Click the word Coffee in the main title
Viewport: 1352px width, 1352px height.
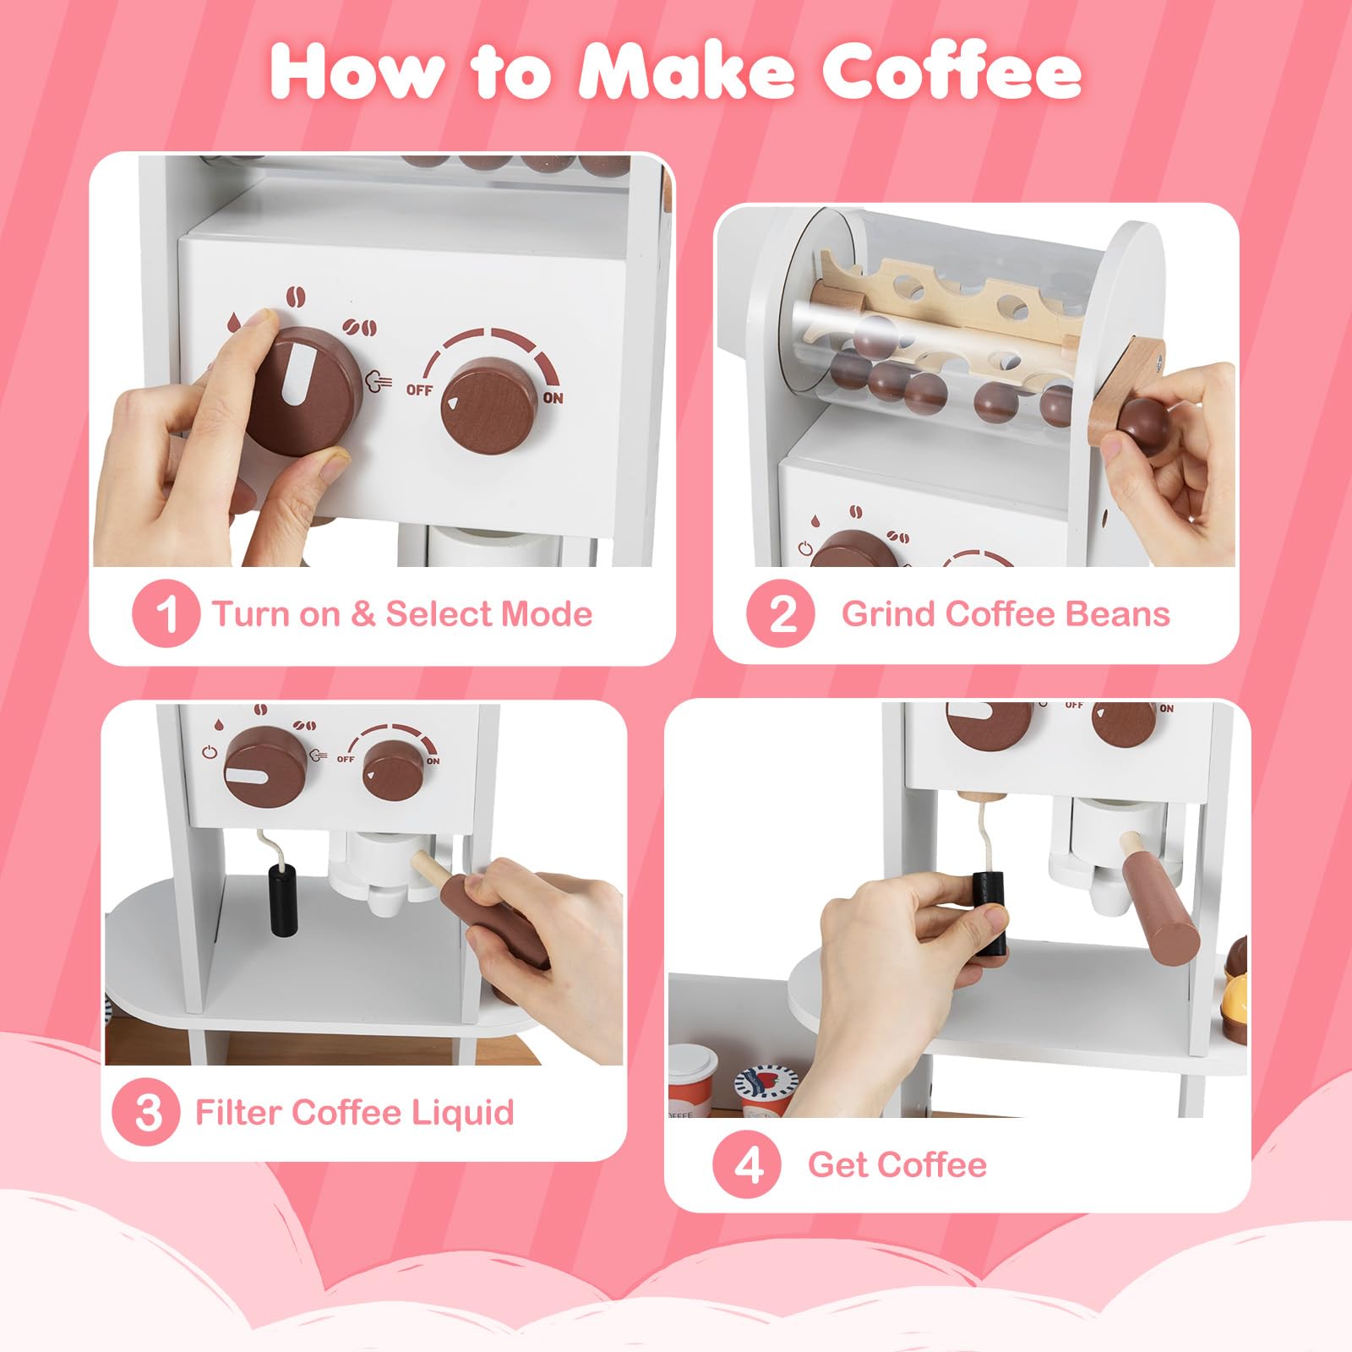click(952, 73)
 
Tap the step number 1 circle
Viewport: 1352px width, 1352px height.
click(166, 613)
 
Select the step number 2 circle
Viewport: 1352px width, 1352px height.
click(781, 613)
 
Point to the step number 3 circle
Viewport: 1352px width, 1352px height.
click(146, 1112)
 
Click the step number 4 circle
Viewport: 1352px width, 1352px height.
click(747, 1165)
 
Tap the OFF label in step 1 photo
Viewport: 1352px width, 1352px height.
click(419, 390)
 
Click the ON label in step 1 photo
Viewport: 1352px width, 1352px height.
click(553, 397)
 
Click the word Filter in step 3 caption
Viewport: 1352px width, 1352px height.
click(238, 1111)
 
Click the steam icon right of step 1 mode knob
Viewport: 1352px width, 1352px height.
click(378, 382)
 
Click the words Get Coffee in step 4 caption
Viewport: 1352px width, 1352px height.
click(897, 1165)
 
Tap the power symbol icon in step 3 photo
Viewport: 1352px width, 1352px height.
click(210, 752)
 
